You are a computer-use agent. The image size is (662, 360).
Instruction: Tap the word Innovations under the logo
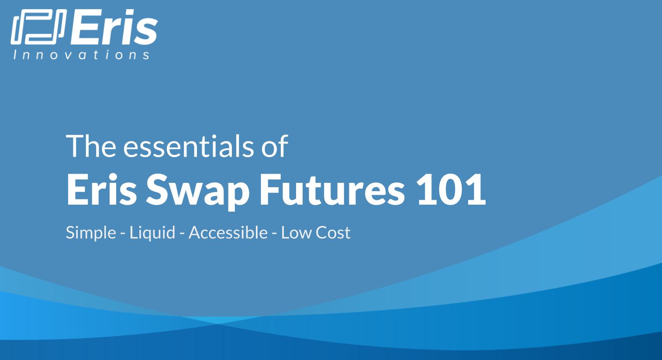pos(81,55)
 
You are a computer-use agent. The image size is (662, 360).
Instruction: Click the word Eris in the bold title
pos(101,190)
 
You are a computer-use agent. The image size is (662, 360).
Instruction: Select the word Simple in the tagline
pos(90,233)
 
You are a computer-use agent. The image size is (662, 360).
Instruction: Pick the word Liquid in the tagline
pos(152,233)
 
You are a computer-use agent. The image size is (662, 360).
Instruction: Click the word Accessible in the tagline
pos(228,232)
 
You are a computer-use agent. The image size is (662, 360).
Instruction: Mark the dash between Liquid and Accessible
pos(182,233)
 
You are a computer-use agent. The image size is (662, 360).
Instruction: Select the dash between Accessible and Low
pos(274,233)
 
